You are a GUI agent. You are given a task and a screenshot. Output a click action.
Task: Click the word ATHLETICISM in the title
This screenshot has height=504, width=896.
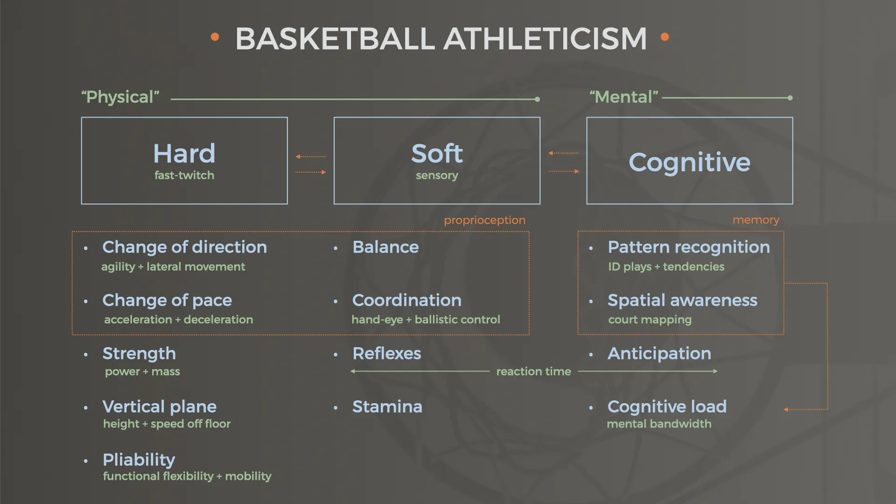click(545, 38)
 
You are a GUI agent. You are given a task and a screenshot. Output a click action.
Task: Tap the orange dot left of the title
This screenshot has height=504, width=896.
click(215, 37)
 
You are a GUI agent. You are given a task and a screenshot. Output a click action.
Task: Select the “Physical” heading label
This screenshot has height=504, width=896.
click(120, 97)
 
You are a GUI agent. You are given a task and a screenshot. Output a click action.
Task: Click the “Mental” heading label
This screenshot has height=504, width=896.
click(624, 97)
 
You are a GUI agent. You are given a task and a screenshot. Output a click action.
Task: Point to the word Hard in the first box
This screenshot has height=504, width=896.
click(184, 154)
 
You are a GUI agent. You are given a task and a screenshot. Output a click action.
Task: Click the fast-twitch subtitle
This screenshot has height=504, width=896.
click(184, 175)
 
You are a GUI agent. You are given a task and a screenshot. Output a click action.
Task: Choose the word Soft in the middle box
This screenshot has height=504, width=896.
click(437, 154)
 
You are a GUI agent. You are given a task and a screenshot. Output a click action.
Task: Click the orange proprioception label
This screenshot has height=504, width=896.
click(484, 220)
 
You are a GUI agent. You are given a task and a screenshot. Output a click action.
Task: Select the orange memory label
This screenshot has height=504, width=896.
click(756, 220)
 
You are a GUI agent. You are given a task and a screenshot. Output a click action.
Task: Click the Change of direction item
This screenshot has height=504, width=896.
click(185, 247)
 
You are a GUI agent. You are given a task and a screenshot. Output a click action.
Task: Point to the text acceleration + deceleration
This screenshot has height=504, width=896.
click(179, 320)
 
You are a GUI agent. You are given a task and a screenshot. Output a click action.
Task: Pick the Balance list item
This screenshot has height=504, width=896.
click(386, 247)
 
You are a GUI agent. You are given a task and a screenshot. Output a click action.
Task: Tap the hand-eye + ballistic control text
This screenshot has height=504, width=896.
click(426, 320)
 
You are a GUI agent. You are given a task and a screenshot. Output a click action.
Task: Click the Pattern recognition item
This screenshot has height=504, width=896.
click(689, 247)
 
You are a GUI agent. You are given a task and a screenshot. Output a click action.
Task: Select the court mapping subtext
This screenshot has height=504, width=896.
click(650, 320)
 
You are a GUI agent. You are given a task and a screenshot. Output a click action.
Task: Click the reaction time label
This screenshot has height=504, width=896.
click(534, 371)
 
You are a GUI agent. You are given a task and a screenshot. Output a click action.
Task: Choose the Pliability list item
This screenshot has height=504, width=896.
click(139, 460)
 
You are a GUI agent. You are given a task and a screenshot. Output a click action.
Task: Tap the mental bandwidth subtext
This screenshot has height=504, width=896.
click(659, 424)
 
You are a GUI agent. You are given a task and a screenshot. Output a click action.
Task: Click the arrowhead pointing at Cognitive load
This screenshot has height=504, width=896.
click(786, 410)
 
